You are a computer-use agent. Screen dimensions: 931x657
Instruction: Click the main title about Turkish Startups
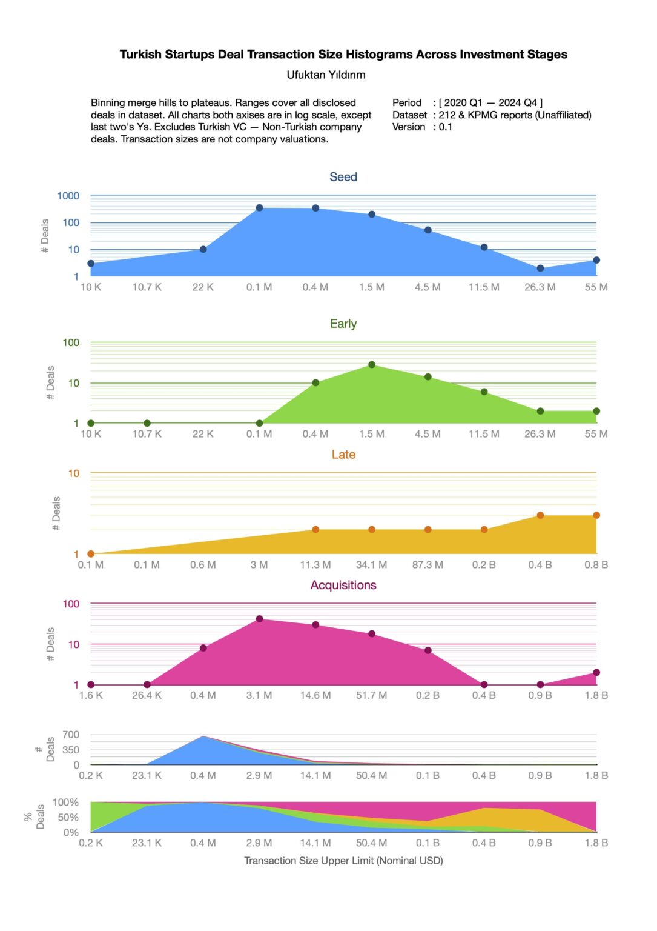coord(343,54)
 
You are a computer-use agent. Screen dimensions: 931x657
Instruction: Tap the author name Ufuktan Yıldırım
coord(326,75)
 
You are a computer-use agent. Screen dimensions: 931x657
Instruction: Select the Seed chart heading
coord(343,177)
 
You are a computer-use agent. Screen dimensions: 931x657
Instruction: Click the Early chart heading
coord(343,324)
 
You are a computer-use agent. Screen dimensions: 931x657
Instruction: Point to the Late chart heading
coord(343,455)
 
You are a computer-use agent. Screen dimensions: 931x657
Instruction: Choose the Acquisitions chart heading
coord(343,585)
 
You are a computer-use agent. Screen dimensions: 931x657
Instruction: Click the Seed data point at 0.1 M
coord(259,208)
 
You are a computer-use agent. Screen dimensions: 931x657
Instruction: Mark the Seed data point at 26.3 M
coord(540,269)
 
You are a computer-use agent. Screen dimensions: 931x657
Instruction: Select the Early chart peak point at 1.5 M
coord(372,365)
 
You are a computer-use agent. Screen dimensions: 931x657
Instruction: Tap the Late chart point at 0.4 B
coord(540,515)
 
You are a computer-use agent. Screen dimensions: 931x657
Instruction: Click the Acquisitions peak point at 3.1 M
coord(259,619)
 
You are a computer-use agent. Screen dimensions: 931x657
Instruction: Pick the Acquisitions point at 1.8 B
coord(596,672)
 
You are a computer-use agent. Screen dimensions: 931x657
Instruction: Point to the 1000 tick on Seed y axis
coord(68,196)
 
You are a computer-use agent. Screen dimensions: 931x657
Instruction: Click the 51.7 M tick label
coord(371,695)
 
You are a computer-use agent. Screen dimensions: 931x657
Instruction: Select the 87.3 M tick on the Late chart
coord(428,565)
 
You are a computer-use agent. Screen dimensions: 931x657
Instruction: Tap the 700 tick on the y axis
coord(71,735)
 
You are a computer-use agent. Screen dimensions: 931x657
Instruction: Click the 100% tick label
coord(66,803)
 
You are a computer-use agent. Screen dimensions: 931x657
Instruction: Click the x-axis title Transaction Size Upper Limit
coord(343,861)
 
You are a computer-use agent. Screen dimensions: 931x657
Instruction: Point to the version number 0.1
coord(445,127)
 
